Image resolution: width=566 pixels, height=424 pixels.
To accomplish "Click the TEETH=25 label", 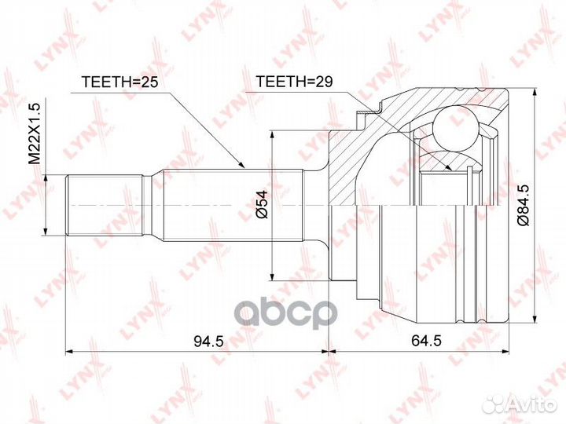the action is [120, 82].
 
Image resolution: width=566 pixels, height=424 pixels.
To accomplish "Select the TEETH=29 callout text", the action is [294, 82].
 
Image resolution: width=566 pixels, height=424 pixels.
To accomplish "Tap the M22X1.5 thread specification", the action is [35, 133].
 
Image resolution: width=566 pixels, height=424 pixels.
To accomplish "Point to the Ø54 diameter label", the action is [262, 204].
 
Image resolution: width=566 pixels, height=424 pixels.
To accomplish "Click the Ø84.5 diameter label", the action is [523, 204].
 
